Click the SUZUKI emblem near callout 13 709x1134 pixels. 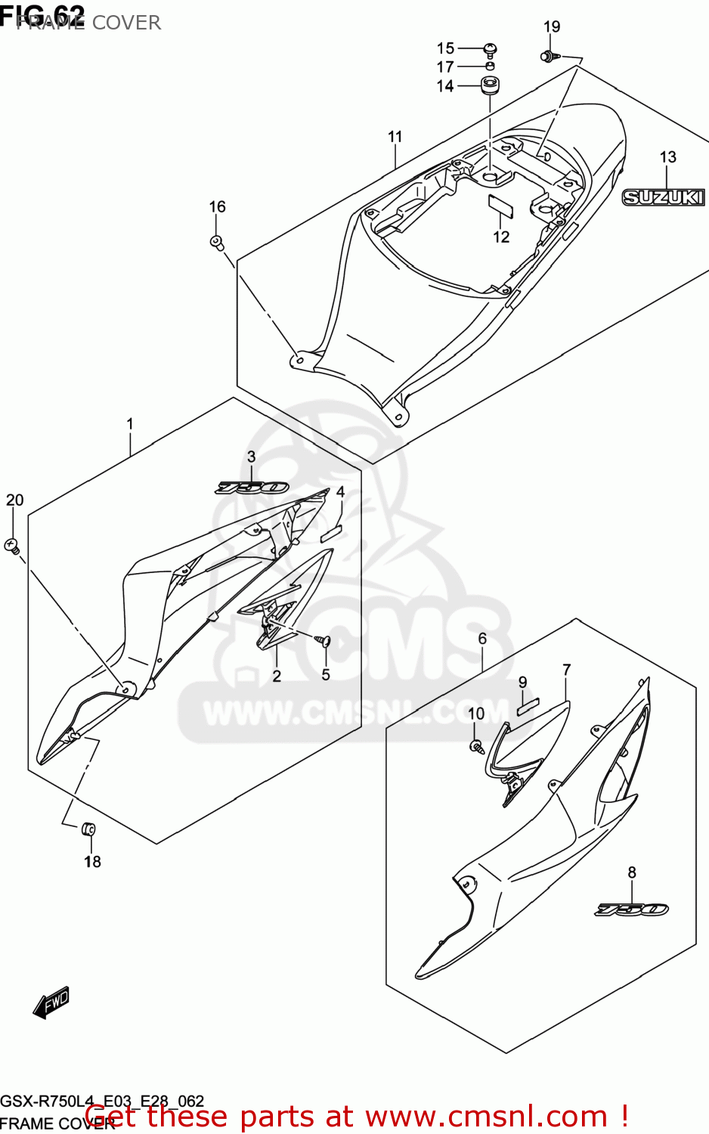click(x=663, y=197)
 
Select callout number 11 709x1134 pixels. click(x=395, y=137)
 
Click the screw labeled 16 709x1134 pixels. click(x=217, y=242)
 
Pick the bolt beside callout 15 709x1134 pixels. click(x=491, y=50)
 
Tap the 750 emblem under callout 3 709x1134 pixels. click(x=251, y=488)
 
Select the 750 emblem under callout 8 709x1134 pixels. click(x=632, y=909)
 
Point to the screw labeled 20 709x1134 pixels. click(x=12, y=544)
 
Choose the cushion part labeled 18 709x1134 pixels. click(x=88, y=829)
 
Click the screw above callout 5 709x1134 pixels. click(x=325, y=641)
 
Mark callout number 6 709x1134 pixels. click(x=482, y=639)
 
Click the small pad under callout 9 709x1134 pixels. click(x=528, y=708)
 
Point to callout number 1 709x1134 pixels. click(x=130, y=424)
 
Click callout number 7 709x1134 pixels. click(x=566, y=670)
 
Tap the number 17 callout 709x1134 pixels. click(x=445, y=67)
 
